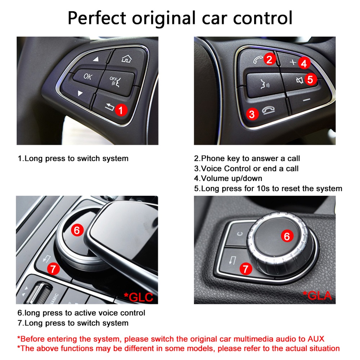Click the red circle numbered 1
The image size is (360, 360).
[121, 110]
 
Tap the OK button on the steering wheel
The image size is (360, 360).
[87, 76]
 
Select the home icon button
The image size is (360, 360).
[126, 58]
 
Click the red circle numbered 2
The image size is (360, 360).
[269, 59]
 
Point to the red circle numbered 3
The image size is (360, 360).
[252, 114]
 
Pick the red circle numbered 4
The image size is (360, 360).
[304, 64]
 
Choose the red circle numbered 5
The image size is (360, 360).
[311, 79]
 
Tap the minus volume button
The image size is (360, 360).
[306, 98]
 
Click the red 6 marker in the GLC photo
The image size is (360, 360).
[77, 230]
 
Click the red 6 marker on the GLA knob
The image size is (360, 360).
[287, 236]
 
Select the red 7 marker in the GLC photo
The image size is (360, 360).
[53, 268]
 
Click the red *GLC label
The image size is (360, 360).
[138, 297]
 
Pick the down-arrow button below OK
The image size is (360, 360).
[80, 94]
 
